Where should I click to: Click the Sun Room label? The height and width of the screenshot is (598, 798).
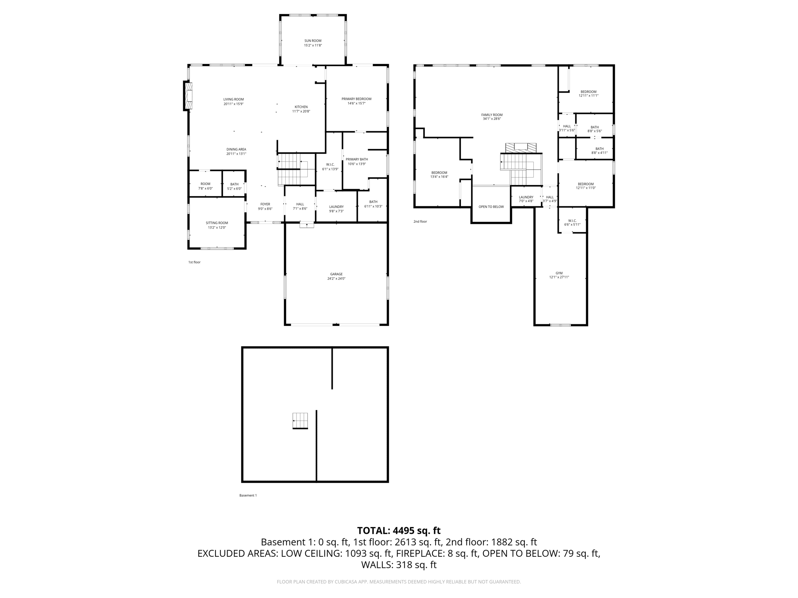(x=313, y=40)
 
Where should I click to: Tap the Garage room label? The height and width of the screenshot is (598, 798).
(x=336, y=274)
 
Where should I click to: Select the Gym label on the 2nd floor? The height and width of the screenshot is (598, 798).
(x=559, y=273)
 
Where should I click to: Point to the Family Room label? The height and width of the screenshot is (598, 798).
(x=492, y=115)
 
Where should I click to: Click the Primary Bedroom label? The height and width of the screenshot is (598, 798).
(x=357, y=99)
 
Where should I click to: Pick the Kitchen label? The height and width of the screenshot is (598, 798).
(x=301, y=107)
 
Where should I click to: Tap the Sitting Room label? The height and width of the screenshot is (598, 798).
(x=217, y=223)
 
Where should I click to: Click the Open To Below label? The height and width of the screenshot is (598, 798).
(x=491, y=207)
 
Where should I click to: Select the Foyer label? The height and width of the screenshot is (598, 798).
(x=265, y=204)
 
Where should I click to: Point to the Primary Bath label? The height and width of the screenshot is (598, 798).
(x=357, y=159)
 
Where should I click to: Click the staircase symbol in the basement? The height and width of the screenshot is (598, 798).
(x=300, y=421)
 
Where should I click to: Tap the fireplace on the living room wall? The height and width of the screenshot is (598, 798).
(x=188, y=96)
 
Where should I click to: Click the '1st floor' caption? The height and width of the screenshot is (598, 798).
(x=194, y=262)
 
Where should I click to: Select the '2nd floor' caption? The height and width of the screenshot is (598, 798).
(x=420, y=222)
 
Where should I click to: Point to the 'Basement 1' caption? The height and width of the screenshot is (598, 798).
(x=248, y=496)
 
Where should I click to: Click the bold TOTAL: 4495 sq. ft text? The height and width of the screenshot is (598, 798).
(x=399, y=531)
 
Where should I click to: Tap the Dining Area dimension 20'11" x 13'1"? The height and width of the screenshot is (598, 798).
(x=237, y=154)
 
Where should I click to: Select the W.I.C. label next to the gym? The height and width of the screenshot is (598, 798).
(x=572, y=221)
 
